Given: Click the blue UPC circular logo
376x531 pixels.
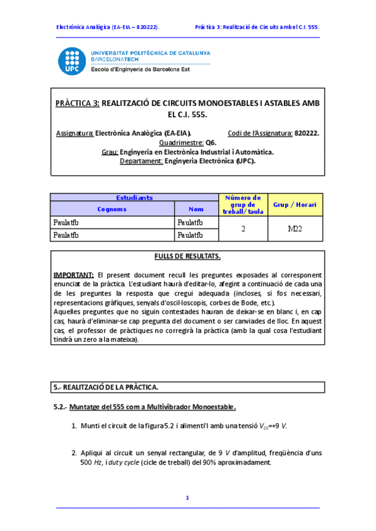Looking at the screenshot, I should [72, 61].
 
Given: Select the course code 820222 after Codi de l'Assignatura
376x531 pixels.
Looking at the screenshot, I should [306, 133].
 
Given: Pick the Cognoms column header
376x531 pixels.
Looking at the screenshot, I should [112, 209].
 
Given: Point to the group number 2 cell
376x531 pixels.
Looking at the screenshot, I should [242, 229].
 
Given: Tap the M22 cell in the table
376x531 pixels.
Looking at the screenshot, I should [295, 229].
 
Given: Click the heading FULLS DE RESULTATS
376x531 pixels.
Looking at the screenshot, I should [187, 257].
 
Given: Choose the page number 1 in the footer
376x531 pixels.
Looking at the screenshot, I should [187, 498].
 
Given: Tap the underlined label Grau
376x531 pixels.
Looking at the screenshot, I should [109, 152].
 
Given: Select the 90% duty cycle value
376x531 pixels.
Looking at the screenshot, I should [204, 463].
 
